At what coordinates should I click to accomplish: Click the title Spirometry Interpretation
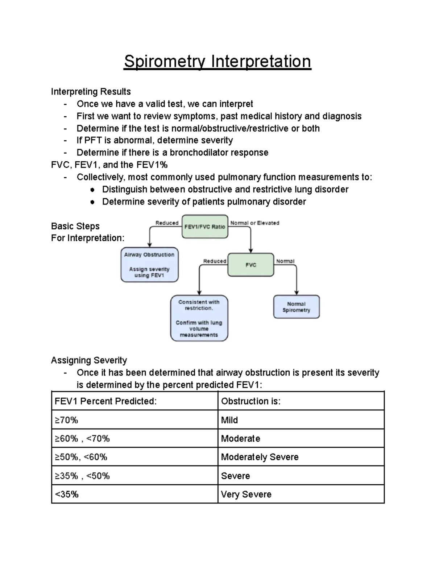[217, 62]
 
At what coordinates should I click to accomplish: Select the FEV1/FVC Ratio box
[205, 227]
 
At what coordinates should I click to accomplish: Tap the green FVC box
[250, 265]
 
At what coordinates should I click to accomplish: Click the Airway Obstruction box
[149, 265]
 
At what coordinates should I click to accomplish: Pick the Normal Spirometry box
[296, 307]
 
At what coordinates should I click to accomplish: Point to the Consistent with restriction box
[199, 318]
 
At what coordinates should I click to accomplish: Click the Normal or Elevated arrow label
[255, 223]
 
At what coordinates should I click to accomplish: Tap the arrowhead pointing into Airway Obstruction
[149, 245]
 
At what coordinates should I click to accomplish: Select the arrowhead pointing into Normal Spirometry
[297, 292]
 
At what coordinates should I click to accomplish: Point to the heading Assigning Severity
[89, 360]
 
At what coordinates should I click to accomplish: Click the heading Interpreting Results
[91, 92]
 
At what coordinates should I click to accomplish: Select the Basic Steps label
[75, 226]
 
